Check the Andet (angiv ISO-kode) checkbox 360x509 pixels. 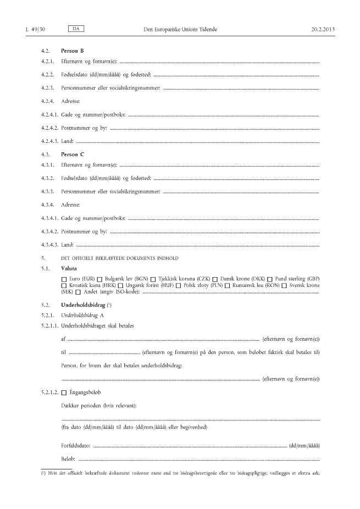pyautogui.click(x=78, y=292)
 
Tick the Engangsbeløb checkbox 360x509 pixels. pyautogui.click(x=64, y=392)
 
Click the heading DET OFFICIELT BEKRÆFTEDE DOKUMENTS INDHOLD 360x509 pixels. pyautogui.click(x=119, y=258)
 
